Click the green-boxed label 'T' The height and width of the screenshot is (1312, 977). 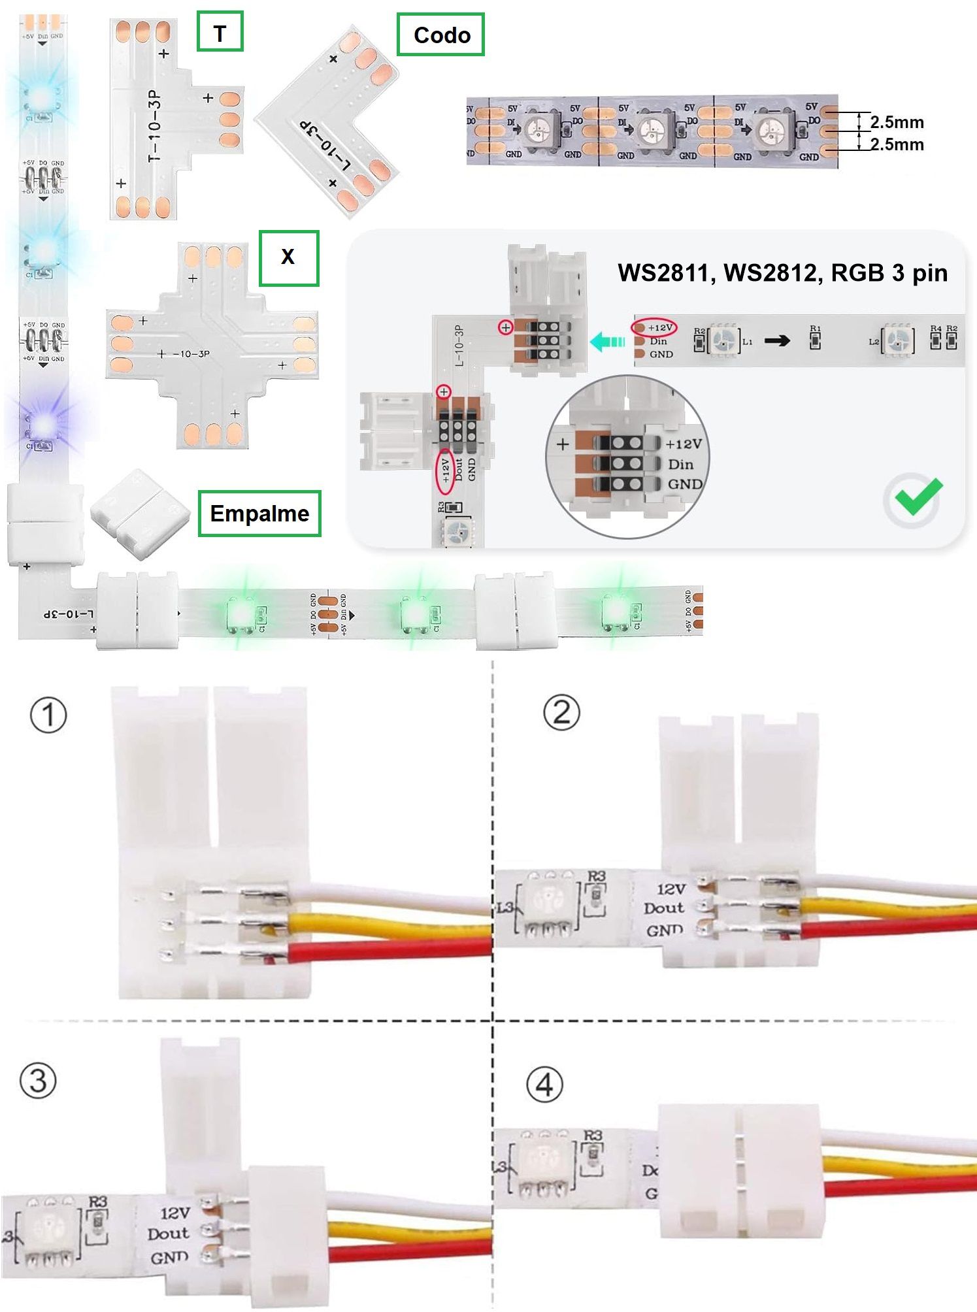tap(220, 31)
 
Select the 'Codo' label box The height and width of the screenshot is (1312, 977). tap(441, 35)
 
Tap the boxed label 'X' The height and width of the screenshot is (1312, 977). tap(288, 257)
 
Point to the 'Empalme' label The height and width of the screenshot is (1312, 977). tap(259, 514)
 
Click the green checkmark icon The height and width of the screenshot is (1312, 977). tap(917, 498)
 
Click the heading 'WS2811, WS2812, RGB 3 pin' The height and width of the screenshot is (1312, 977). tap(782, 272)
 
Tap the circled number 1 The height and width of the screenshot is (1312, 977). tap(49, 715)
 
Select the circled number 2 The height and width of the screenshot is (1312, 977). tap(561, 712)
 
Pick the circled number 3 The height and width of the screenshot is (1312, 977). tap(38, 1080)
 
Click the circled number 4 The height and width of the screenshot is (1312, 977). tap(544, 1085)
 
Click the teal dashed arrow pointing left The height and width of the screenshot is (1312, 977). tap(608, 341)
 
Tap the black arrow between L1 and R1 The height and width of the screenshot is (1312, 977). tap(777, 340)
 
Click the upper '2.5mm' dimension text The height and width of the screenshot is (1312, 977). tap(897, 122)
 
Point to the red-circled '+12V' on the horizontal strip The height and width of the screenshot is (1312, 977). tap(655, 327)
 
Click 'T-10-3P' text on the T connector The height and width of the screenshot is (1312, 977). tap(154, 127)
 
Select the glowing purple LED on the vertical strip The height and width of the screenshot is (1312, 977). tap(44, 425)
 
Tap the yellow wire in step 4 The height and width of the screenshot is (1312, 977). tap(902, 1164)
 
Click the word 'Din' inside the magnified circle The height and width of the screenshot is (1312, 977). tap(680, 464)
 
